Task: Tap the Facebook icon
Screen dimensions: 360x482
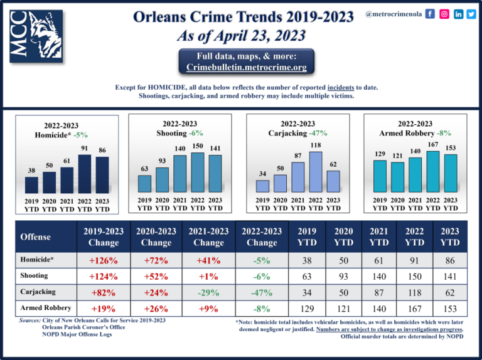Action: (x=430, y=13)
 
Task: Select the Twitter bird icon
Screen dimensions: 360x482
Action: (x=471, y=13)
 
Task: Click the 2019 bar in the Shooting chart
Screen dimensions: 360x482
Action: (x=145, y=183)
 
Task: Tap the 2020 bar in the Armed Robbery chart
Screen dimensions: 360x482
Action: (x=397, y=177)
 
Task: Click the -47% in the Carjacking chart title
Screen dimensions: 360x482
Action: (x=318, y=133)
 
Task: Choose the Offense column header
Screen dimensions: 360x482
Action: (x=35, y=237)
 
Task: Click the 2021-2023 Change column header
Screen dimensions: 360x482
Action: (x=208, y=236)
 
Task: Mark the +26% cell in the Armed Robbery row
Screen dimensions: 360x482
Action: (x=156, y=309)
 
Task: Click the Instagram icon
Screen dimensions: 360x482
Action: (x=444, y=13)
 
